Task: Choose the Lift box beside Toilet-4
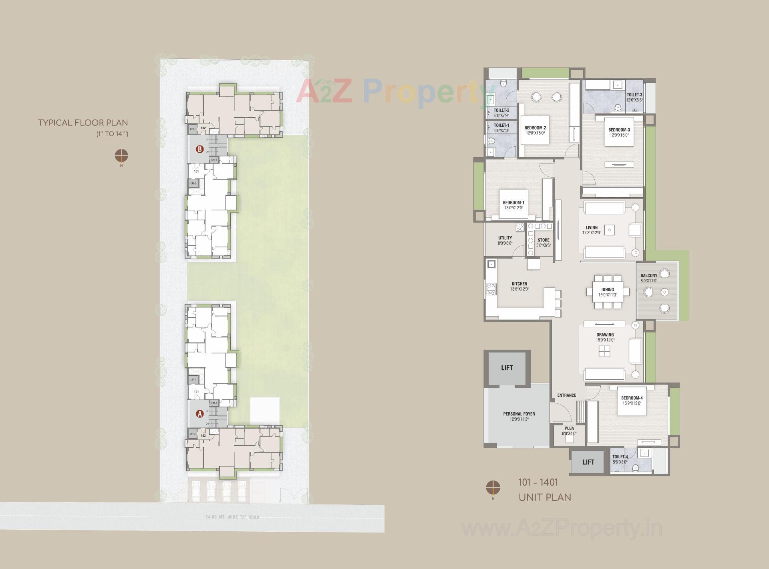coord(588,462)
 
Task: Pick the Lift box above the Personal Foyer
coord(507,368)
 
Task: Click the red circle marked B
coord(199,149)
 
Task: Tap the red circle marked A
coord(199,414)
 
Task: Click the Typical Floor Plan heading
coord(83,123)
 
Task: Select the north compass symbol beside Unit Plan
coord(493,488)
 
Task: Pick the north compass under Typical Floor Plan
coord(121,155)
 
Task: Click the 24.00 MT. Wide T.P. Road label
coord(232,517)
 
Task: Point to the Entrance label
coord(566,395)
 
